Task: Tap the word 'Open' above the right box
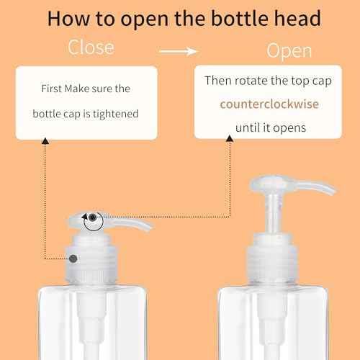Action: [x=289, y=50]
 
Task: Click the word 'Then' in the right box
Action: [x=218, y=80]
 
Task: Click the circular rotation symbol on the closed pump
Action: [x=92, y=220]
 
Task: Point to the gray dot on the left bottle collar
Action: [x=73, y=257]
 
